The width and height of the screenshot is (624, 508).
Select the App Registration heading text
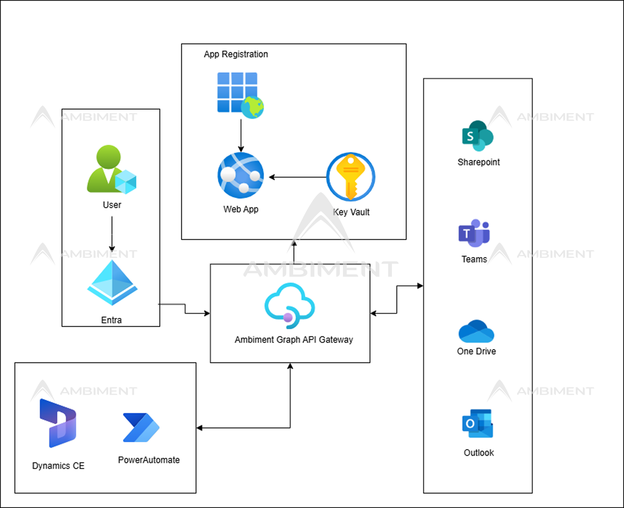click(x=236, y=54)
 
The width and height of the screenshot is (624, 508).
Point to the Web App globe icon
click(x=241, y=175)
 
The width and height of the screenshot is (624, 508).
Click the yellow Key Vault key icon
click(x=351, y=177)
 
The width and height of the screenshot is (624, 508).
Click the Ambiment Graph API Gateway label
click(x=294, y=340)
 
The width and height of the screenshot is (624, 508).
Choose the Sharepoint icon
click(x=478, y=136)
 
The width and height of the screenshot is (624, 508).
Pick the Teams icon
click(x=474, y=233)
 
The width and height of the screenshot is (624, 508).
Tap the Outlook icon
click(x=478, y=423)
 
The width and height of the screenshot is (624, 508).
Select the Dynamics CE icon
click(x=58, y=423)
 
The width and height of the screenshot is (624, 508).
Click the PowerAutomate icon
click(x=141, y=427)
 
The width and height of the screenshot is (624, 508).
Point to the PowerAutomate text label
click(x=149, y=460)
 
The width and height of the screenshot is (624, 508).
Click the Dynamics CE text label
click(x=58, y=466)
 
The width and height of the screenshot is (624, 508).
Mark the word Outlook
click(x=479, y=453)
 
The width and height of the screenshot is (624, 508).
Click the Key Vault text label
click(x=351, y=212)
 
